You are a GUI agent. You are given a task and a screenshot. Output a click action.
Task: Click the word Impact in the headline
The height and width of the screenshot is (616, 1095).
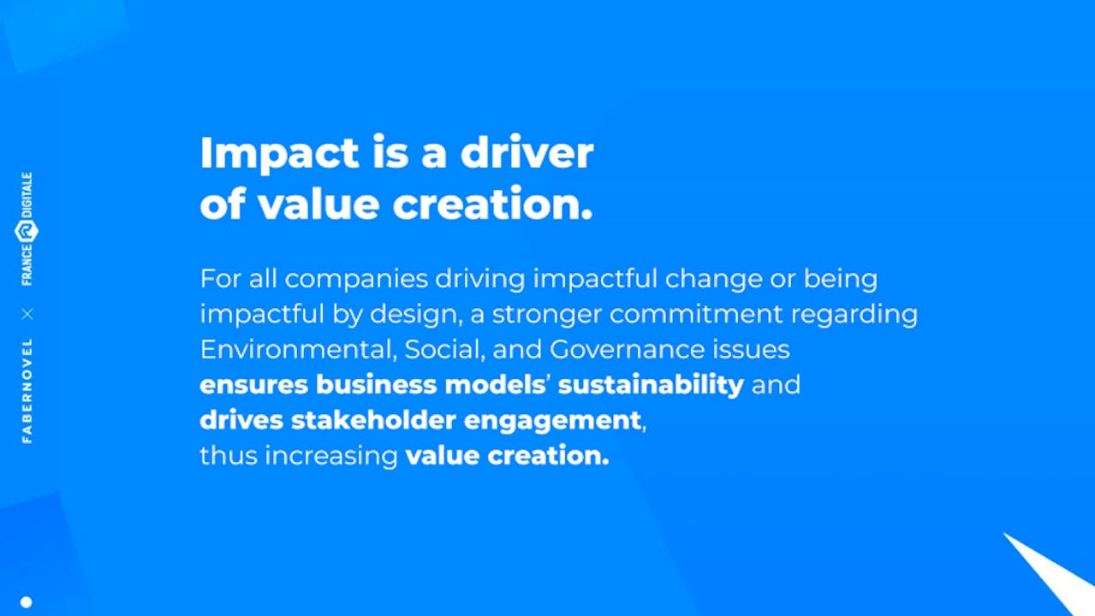tap(280, 154)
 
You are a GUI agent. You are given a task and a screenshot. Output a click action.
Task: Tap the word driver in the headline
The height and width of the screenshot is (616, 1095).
tap(527, 152)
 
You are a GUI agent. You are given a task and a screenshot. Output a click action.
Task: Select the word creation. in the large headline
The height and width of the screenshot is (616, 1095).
tap(493, 204)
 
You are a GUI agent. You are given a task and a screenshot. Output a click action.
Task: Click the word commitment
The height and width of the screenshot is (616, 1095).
tap(696, 314)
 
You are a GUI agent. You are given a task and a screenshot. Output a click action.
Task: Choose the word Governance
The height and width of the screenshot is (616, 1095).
tap(627, 349)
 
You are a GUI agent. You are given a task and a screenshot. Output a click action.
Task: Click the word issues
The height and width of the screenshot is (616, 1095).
tap(751, 349)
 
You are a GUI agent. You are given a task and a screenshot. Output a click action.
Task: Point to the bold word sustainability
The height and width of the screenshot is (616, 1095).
tap(651, 385)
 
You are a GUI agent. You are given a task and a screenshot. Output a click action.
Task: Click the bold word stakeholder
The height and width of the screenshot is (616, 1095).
tap(373, 420)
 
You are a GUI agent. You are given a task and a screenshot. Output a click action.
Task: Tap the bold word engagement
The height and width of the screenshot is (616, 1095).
tap(552, 422)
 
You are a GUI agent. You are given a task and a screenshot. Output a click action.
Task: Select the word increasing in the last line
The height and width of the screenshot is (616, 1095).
tap(331, 457)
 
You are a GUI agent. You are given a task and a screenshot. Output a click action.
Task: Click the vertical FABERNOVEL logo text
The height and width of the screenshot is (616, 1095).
tap(27, 391)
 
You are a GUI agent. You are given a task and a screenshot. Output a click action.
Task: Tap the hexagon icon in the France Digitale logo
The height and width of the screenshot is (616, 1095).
tap(27, 231)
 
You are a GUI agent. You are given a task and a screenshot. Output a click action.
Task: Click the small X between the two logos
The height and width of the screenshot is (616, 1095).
tap(27, 314)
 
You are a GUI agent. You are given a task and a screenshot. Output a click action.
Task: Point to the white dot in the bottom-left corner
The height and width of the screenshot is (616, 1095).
tap(27, 602)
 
